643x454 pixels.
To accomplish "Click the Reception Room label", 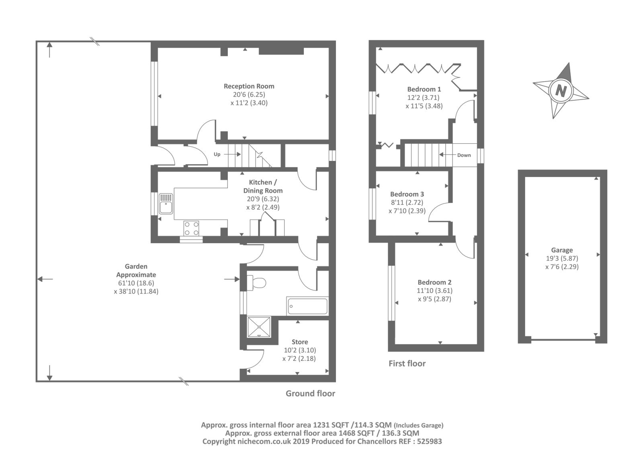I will tap(249, 86).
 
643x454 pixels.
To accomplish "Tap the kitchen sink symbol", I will tap(166, 204).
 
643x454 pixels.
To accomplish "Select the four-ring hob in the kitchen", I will tap(191, 228).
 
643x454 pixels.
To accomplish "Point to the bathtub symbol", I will tap(307, 306).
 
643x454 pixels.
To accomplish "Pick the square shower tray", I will tap(259, 327).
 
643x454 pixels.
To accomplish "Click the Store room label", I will tap(300, 342).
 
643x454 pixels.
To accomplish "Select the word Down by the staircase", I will tap(464, 155).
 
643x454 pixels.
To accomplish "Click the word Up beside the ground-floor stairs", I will tap(217, 154).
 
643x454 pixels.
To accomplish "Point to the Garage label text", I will tap(562, 250).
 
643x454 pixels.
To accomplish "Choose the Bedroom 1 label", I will tap(424, 89).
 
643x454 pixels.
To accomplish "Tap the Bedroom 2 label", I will tap(434, 282).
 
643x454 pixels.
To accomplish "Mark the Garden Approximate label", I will tap(136, 271).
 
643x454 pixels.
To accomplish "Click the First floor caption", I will tap(407, 363).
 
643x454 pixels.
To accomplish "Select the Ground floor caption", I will tap(310, 393).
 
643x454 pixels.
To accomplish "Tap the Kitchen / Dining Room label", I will tap(263, 186).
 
